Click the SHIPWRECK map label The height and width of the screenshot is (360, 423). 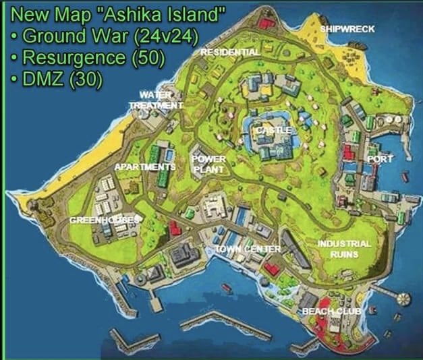[347, 28]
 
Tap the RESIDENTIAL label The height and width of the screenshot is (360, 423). [229, 52]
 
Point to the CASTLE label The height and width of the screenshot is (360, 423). [273, 129]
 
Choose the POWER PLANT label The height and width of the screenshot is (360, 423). [209, 164]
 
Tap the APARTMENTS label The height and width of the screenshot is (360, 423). [145, 167]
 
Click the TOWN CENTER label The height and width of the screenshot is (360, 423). [248, 249]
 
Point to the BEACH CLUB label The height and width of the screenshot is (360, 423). [331, 311]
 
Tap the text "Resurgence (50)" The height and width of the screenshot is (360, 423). [92, 57]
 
